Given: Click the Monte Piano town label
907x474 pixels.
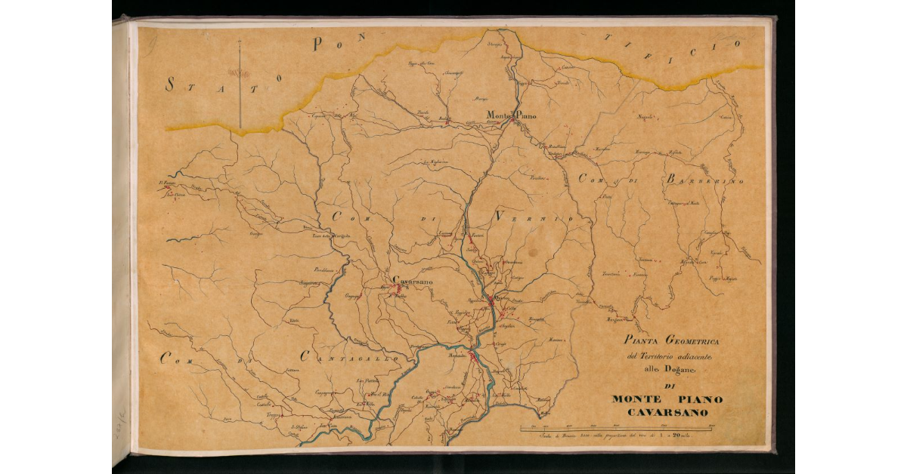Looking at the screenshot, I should [x=511, y=115].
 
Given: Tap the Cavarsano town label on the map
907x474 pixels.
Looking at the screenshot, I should [x=413, y=281].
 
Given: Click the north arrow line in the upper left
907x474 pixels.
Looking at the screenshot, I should [x=240, y=83].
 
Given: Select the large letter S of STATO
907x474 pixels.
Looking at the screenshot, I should [x=172, y=85].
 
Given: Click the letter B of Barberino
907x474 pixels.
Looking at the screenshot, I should [x=671, y=180].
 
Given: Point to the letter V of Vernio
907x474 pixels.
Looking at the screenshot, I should [x=500, y=216].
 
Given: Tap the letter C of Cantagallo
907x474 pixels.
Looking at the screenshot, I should [x=307, y=355].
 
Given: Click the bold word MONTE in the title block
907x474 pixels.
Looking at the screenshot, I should [x=636, y=399].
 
